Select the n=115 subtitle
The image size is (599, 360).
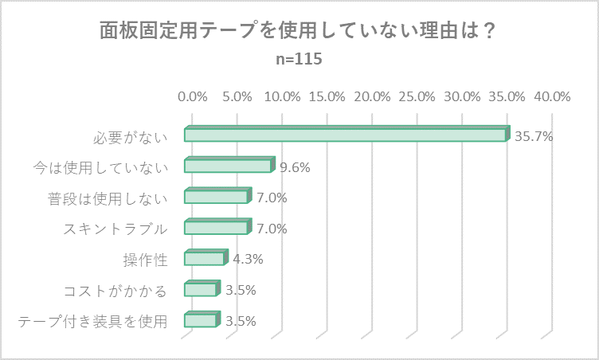[299, 60]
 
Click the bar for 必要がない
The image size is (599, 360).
[345, 135]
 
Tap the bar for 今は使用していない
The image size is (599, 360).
[228, 166]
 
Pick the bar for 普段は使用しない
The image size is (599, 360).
[216, 198]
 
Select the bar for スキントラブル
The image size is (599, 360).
[216, 228]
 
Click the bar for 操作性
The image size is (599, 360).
[204, 259]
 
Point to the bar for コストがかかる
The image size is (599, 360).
[200, 289]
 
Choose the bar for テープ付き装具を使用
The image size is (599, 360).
[200, 320]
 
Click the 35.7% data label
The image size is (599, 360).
[534, 136]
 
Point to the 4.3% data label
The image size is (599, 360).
[248, 259]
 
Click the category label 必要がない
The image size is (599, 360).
[131, 136]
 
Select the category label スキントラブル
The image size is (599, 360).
[115, 229]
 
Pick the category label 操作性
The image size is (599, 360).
[146, 259]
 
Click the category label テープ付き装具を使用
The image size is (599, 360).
[92, 321]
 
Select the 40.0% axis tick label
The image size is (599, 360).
[552, 96]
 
